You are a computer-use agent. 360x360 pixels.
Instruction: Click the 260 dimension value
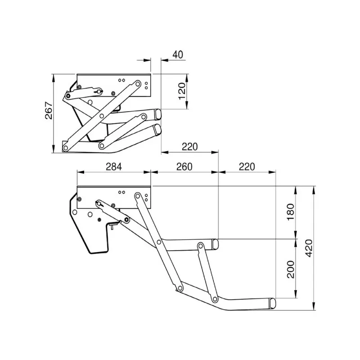[184, 166]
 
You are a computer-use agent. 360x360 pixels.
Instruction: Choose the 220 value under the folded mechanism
[190, 147]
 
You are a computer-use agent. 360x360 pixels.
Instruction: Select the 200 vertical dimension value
[290, 269]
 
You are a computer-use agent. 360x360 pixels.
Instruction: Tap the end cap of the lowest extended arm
[273, 303]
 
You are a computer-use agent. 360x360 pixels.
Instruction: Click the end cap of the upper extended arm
[216, 244]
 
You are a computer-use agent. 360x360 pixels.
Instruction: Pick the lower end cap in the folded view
[157, 130]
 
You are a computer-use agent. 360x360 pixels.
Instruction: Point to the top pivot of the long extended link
[138, 196]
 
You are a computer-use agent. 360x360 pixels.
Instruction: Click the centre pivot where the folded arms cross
[102, 116]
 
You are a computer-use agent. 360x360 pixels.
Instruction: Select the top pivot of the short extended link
[199, 246]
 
